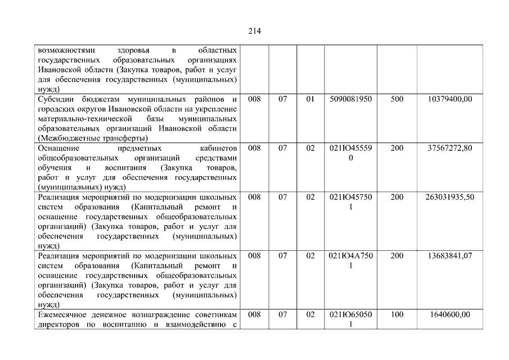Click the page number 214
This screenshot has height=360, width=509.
pos(254,31)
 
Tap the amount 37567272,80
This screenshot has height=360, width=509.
pos(449,148)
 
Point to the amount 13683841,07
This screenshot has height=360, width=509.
pos(449,256)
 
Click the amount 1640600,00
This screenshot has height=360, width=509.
pos(449,314)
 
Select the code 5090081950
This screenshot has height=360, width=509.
pos(350,100)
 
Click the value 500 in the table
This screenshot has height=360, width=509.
pos(397,100)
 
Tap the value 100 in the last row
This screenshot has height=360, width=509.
pos(397,314)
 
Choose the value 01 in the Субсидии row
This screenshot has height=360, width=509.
pos(310,100)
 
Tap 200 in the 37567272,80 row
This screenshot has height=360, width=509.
pos(397,148)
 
